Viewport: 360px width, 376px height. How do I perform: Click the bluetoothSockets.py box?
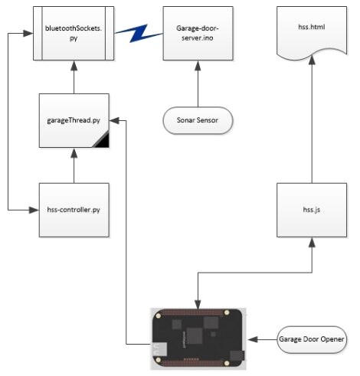pyautogui.click(x=74, y=34)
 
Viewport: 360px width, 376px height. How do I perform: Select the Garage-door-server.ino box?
pyautogui.click(x=198, y=34)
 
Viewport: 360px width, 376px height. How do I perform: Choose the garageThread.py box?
pyautogui.click(x=74, y=120)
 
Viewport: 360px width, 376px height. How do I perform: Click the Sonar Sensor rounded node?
pyautogui.click(x=198, y=120)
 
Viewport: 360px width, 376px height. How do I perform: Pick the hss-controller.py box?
pyautogui.click(x=74, y=210)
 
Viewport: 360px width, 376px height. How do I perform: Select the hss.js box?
pyautogui.click(x=312, y=210)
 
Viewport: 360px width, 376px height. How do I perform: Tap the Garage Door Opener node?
pyautogui.click(x=312, y=339)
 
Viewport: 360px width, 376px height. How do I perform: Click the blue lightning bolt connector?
pyautogui.click(x=139, y=34)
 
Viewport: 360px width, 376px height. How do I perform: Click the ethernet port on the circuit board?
pyautogui.click(x=159, y=349)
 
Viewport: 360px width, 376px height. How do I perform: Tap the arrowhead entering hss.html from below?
pyautogui.click(x=312, y=60)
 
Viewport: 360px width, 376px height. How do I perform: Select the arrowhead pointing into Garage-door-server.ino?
pyautogui.click(x=198, y=65)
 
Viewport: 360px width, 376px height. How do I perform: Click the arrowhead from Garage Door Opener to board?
pyautogui.click(x=252, y=339)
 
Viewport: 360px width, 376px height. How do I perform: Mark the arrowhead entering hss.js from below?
pyautogui.click(x=312, y=242)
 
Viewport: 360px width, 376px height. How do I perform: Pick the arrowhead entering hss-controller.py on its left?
pyautogui.click(x=34, y=210)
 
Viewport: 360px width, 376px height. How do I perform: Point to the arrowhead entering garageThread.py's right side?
pyautogui.click(x=114, y=120)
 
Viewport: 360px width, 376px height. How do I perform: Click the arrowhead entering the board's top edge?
pyautogui.click(x=198, y=304)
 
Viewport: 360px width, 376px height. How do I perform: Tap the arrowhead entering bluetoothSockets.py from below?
pyautogui.click(x=74, y=65)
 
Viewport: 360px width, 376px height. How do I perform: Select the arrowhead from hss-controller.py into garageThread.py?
pyautogui.click(x=74, y=152)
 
